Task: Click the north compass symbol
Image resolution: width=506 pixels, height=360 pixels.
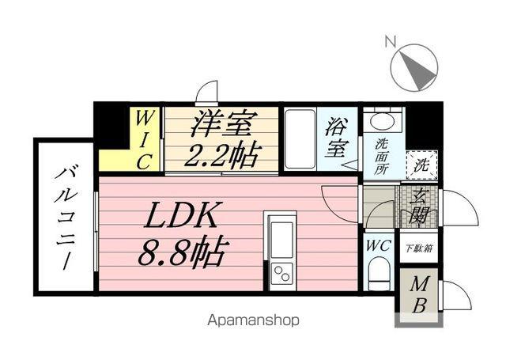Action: [x=413, y=66]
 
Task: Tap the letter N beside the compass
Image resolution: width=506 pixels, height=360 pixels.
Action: [x=389, y=40]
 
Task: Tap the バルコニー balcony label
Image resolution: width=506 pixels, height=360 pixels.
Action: [x=63, y=216]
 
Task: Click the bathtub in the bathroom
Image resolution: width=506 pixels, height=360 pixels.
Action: [x=300, y=139]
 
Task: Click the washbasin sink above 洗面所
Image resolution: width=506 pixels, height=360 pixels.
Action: [x=383, y=123]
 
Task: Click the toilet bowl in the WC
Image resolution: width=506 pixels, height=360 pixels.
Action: [x=379, y=276]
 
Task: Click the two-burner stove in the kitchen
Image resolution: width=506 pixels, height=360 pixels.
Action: [x=281, y=274]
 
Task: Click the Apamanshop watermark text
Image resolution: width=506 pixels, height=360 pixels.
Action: [x=253, y=320]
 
